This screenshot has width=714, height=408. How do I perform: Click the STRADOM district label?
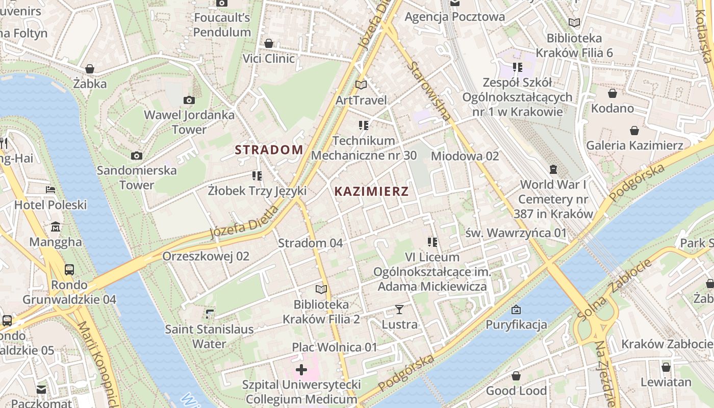[x=269, y=150]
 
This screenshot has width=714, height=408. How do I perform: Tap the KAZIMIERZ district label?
[x=371, y=192]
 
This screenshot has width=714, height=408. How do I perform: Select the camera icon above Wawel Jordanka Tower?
[x=189, y=100]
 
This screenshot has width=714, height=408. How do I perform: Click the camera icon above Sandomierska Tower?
[x=137, y=156]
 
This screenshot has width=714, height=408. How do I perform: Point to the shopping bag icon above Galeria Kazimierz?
[x=634, y=131]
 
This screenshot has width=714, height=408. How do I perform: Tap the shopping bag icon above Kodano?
[x=613, y=93]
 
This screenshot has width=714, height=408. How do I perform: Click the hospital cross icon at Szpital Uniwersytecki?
[x=301, y=369]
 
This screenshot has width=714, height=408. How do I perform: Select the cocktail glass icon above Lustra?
[x=399, y=310]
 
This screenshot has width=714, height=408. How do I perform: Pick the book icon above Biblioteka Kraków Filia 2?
[x=321, y=290]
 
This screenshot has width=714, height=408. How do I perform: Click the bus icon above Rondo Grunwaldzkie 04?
[x=69, y=270]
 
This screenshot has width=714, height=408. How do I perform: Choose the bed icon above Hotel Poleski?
[x=50, y=190]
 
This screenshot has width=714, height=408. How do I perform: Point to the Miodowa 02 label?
[x=465, y=156]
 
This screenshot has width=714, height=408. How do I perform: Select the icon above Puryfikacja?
[x=516, y=310]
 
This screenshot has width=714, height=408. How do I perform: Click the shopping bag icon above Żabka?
[x=90, y=69]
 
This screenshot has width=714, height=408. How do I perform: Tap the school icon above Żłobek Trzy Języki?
[x=257, y=176]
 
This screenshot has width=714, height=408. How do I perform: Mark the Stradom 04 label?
[x=310, y=243]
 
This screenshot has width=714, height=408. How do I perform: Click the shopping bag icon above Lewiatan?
[x=666, y=367]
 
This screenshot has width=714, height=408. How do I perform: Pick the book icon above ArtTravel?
[x=361, y=85]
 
